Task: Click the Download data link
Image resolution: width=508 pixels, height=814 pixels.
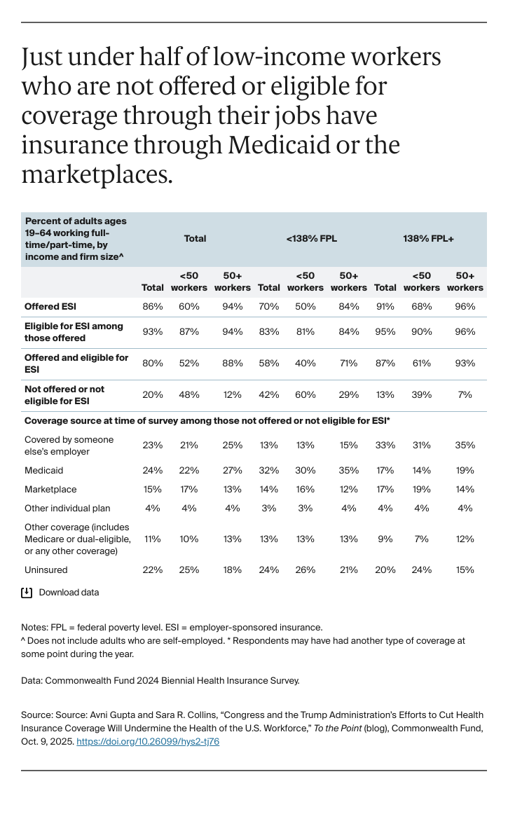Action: (69, 593)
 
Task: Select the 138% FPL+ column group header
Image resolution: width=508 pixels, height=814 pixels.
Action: (428, 239)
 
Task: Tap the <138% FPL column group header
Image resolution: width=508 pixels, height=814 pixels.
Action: (312, 239)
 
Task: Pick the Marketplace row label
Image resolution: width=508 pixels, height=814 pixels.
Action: (50, 490)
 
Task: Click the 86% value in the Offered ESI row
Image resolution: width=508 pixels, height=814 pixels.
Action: (153, 307)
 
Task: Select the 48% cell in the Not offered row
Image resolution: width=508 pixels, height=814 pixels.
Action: (189, 395)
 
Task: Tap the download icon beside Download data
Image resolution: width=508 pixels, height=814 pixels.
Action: (27, 593)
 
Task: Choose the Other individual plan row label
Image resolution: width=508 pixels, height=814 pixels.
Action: (67, 509)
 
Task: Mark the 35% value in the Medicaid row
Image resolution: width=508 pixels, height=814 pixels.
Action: (349, 471)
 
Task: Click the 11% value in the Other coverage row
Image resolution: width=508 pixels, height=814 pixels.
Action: (153, 539)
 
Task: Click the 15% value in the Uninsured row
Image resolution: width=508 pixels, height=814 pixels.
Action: (465, 570)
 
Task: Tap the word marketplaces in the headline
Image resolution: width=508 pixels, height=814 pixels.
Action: (97, 174)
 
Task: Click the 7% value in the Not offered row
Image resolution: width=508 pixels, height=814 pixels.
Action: (465, 395)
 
